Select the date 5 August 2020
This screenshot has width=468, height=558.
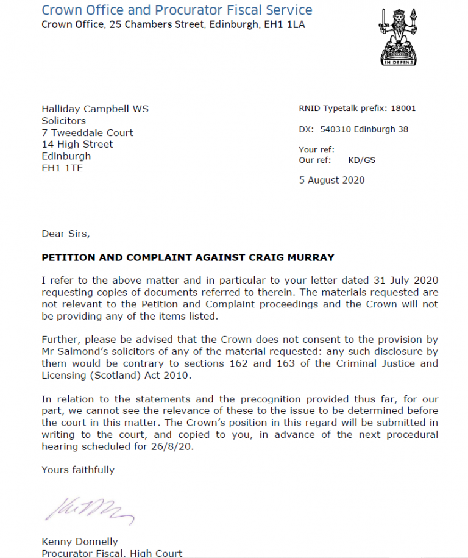coord(331,180)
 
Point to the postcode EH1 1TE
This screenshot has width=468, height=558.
coord(62,168)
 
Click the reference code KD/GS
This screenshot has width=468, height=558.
coord(362,160)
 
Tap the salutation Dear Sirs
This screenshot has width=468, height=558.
coord(65,234)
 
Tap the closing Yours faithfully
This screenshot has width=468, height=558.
coord(78,470)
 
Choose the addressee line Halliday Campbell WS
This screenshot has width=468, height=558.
coord(95,109)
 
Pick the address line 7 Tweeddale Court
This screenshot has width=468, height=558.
coord(87,132)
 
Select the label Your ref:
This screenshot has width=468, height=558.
coord(316,150)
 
